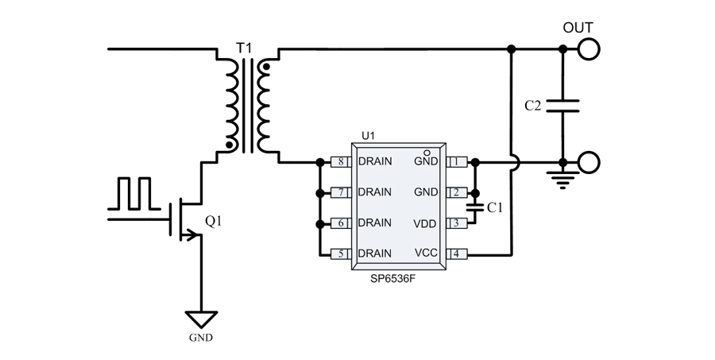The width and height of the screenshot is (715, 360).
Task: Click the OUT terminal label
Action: pos(578,28)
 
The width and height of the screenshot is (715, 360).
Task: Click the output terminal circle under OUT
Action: pos(589,50)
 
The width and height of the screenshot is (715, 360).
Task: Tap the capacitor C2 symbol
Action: pos(562,106)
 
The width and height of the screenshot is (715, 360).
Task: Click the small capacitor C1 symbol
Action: pos(475,207)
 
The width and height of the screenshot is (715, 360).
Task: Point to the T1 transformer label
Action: pos(245,48)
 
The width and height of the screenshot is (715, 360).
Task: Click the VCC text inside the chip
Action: pos(425,254)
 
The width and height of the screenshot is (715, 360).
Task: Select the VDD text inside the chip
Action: pos(425,223)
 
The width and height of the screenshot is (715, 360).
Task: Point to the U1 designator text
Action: pos(368,136)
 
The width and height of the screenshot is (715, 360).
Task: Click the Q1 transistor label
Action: pos(213,222)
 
